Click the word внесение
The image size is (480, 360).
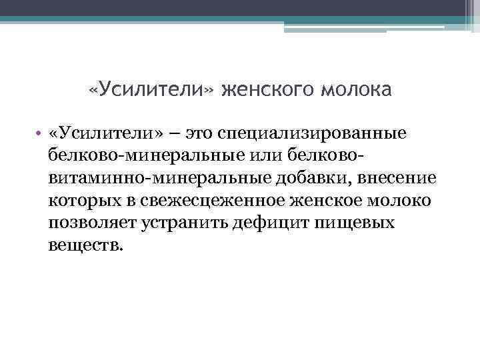(399, 178)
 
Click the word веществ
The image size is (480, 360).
(85, 244)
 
